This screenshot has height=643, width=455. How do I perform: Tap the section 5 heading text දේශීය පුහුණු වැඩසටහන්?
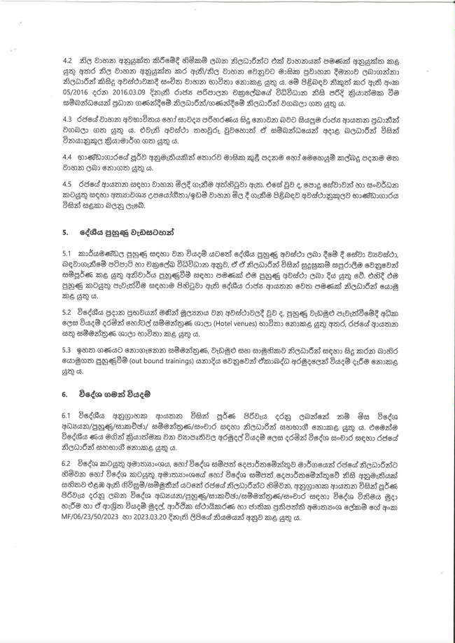click(x=120, y=230)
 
